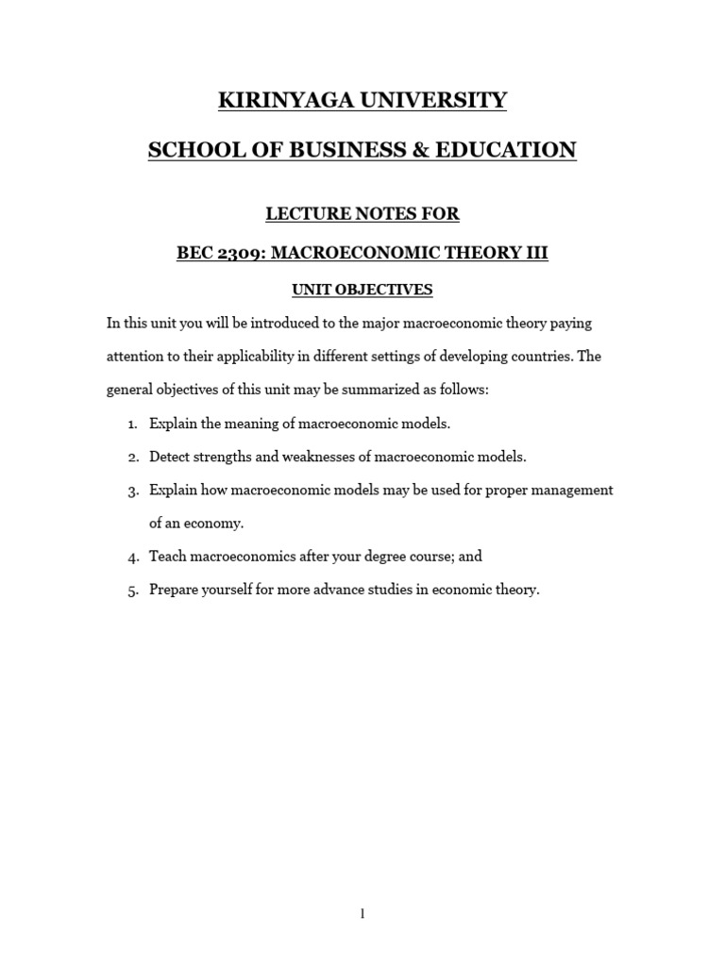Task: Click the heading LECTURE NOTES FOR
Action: point(362,214)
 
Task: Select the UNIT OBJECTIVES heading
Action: point(362,290)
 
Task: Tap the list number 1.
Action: point(132,424)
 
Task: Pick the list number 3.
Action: point(132,491)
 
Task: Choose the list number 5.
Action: point(132,591)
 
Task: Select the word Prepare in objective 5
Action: point(176,590)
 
